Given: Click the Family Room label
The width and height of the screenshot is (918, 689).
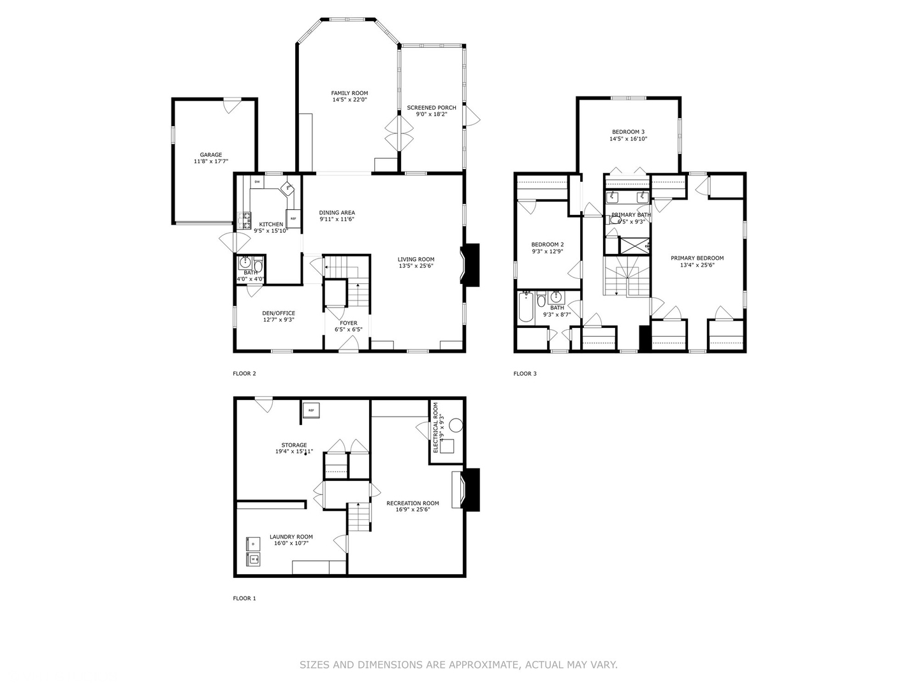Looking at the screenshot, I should pos(349,93).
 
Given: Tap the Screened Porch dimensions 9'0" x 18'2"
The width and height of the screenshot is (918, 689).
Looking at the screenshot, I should pos(432,115).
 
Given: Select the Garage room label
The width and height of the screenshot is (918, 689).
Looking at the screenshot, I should pos(211,154).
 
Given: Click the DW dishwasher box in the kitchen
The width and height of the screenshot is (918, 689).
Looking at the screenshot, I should pos(258,182).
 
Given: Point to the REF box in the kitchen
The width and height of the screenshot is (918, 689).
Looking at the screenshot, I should pos(293,218).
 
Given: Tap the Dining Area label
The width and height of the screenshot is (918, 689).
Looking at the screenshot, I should pos(337,212).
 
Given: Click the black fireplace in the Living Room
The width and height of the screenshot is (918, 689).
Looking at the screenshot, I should pos(471,265).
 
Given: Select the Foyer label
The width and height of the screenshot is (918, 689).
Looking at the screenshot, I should pos(348,323).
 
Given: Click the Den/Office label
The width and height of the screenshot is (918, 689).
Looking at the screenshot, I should pos(279,313).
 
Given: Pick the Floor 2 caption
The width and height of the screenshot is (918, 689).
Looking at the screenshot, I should pos(244,374).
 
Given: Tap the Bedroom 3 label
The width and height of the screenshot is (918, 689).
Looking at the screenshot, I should pos(628,131).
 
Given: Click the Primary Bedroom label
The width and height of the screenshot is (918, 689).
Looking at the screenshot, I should pos(697,258).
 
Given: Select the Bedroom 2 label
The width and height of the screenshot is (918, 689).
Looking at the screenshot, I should pos(547,244).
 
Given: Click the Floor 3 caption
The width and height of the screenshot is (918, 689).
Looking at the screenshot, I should pos(525,374).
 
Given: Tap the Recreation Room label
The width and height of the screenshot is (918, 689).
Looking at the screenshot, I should pos(412,503).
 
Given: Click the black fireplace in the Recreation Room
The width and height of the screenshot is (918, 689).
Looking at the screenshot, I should pos(471,489).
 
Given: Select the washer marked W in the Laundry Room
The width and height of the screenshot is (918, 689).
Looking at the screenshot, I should pos(253,559).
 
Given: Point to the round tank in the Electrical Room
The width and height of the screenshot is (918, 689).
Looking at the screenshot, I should pos(456,425).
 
